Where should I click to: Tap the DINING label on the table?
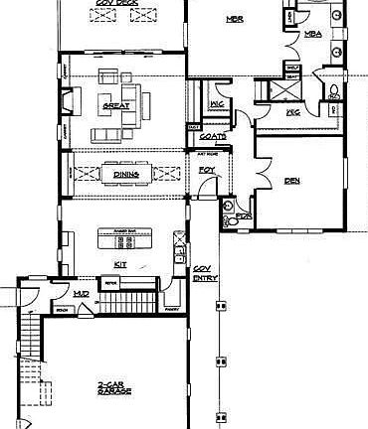pyautogui.click(x=125, y=174)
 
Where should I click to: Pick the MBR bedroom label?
pyautogui.click(x=235, y=19)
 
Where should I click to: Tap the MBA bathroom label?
pyautogui.click(x=313, y=35)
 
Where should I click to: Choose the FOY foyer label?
pyautogui.click(x=207, y=170)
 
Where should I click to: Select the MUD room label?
pyautogui.click(x=82, y=293)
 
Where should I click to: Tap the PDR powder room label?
pyautogui.click(x=245, y=215)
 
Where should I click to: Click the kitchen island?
pyautogui.click(x=124, y=239)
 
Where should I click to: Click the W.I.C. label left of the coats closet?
pyautogui.click(x=218, y=104)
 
